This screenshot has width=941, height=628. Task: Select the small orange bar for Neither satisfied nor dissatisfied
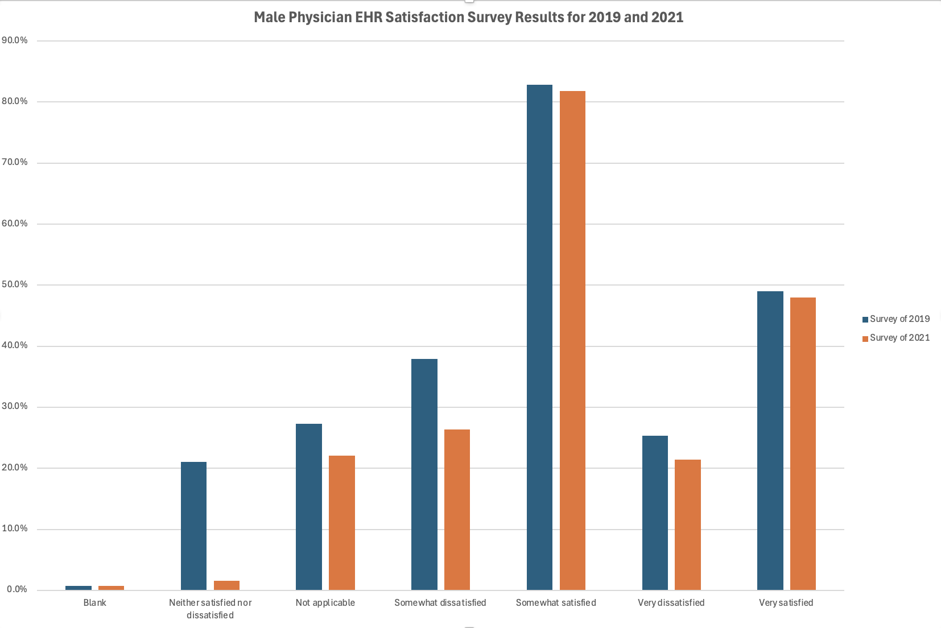coord(226,585)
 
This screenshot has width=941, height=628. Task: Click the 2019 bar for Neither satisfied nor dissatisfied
coord(193,526)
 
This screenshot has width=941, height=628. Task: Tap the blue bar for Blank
coord(79,588)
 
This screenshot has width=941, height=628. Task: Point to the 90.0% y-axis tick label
coord(15,40)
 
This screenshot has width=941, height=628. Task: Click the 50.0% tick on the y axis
coord(15,284)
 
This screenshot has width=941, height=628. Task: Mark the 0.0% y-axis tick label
coord(17,589)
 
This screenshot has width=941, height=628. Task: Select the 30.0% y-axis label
coord(15,406)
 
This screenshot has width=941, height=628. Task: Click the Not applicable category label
coord(325,603)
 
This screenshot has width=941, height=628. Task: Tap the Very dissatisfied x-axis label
coord(671,603)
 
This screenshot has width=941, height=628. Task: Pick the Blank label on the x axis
coord(94,603)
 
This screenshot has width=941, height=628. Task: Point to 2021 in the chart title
coord(667,18)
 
